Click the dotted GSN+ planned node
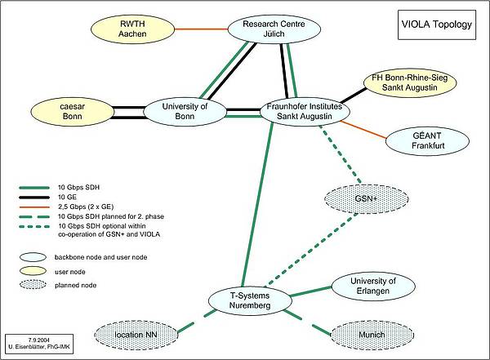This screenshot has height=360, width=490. [x=358, y=198]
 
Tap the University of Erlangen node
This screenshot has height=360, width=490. [x=367, y=285]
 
